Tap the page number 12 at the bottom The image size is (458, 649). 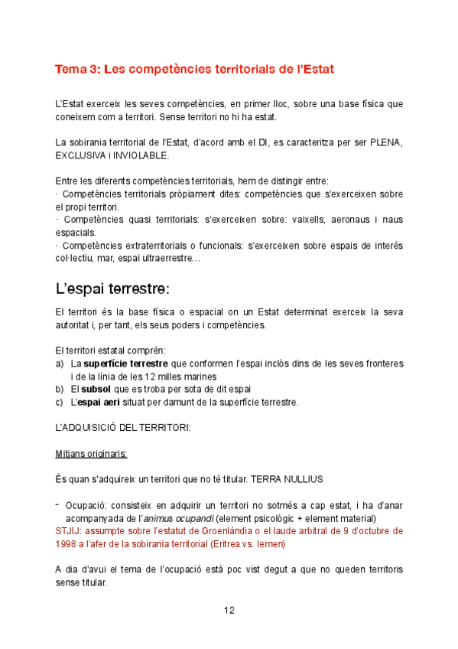229,610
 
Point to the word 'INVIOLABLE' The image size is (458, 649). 140,155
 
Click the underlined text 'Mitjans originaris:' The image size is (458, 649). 91,453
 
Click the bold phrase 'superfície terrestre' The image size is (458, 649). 126,364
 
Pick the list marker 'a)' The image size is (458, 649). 60,364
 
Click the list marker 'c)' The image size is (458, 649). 60,402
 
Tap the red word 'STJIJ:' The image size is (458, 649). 70,530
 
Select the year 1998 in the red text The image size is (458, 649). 67,543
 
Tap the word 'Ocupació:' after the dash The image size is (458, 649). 87,505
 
